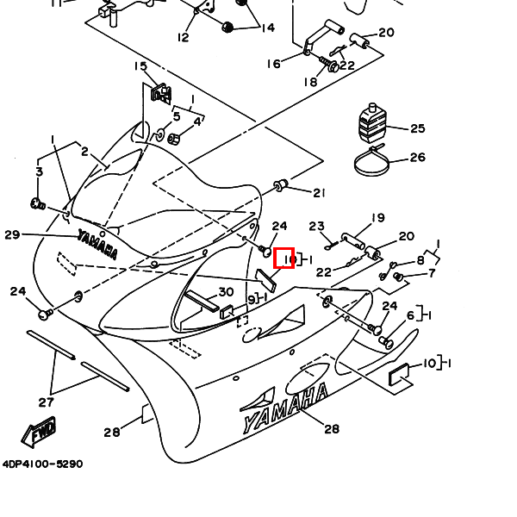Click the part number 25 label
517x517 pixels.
point(418,129)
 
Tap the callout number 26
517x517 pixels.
point(418,157)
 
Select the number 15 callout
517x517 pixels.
point(140,66)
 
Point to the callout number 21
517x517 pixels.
point(319,192)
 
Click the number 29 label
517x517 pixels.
point(12,234)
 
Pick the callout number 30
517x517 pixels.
point(226,292)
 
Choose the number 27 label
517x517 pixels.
point(47,402)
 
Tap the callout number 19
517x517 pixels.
point(377,218)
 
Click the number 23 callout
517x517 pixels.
point(315,227)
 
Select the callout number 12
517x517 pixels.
point(183,37)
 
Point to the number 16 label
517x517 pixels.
point(273,64)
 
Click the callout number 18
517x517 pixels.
point(309,82)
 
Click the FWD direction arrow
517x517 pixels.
point(39,433)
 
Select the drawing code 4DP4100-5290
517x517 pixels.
point(42,464)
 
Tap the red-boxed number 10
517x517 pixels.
point(284,258)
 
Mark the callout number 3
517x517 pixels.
point(39,172)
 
